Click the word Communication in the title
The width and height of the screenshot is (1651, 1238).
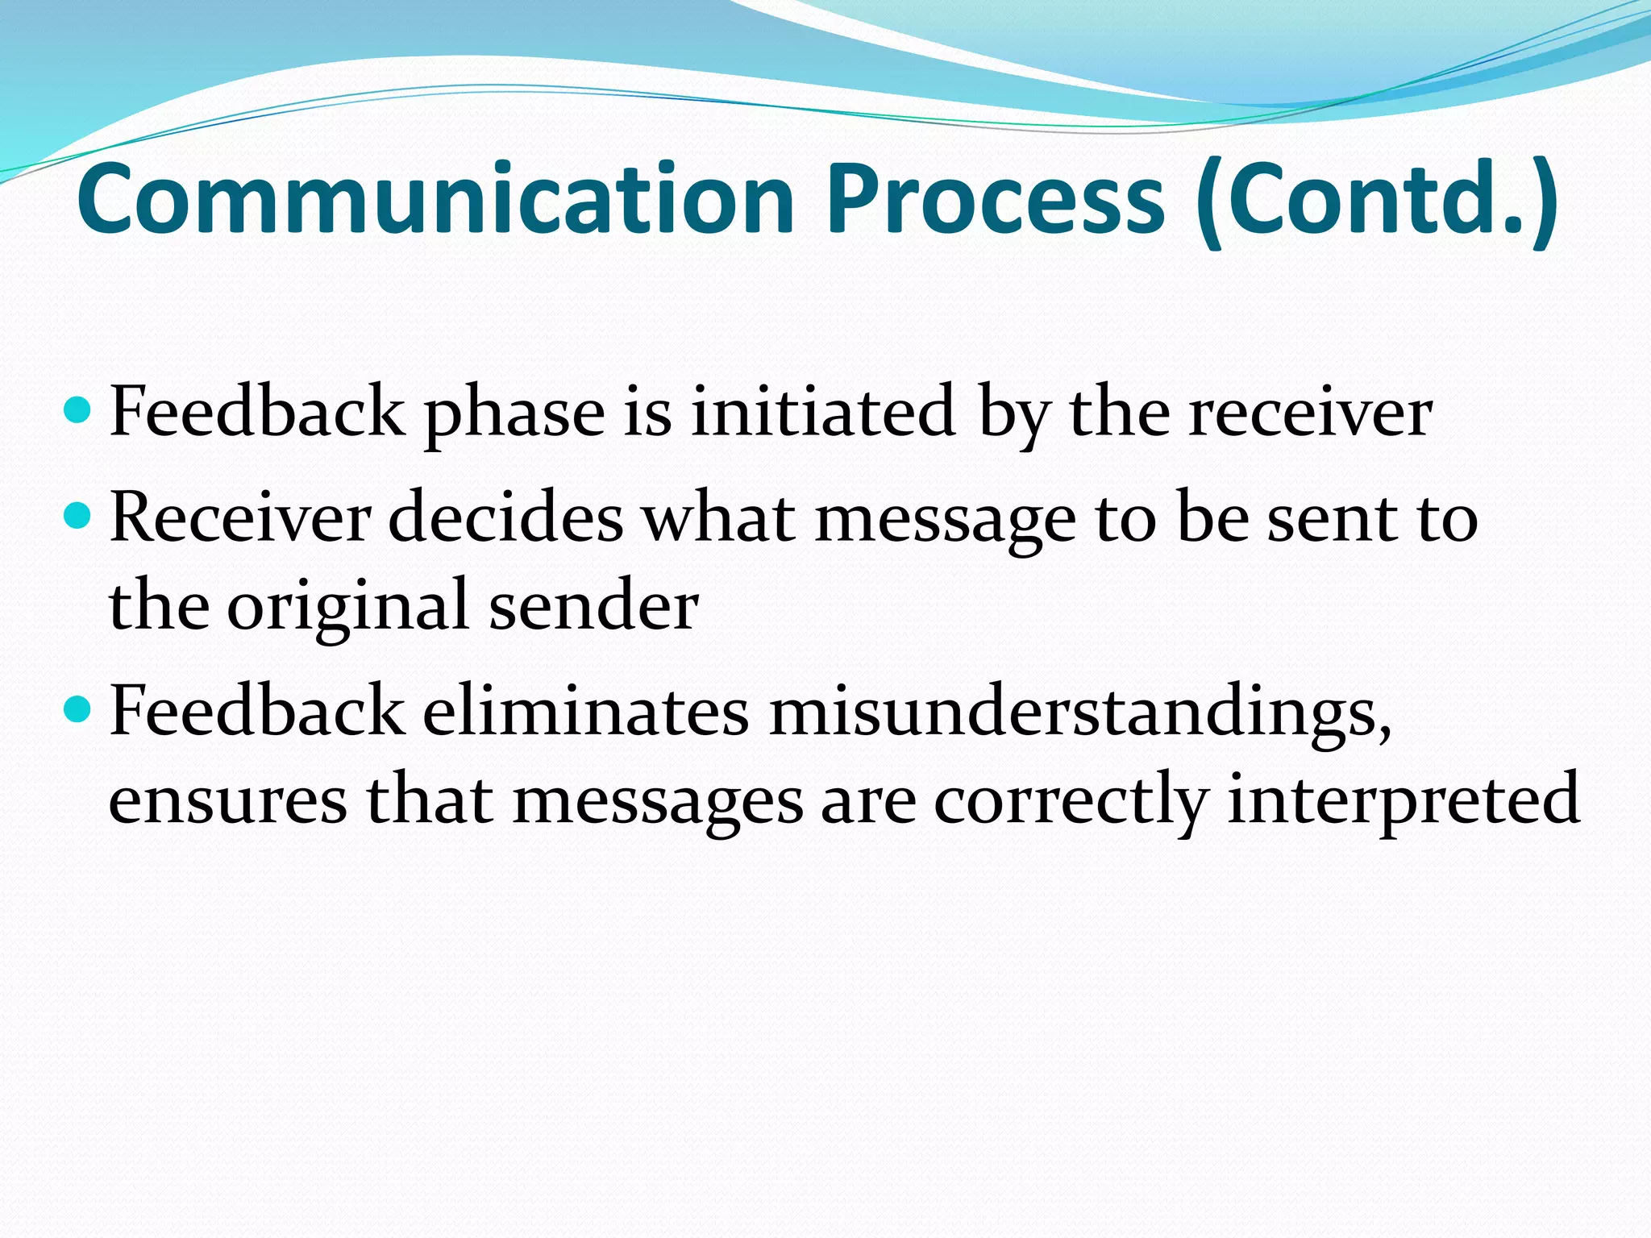coord(435,199)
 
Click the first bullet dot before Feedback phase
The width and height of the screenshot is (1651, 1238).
coord(78,411)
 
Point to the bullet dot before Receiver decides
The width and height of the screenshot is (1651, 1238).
coord(78,516)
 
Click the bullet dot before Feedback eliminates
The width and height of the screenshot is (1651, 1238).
coord(78,709)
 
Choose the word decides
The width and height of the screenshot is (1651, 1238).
coord(505,517)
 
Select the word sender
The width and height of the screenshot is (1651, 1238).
coord(593,606)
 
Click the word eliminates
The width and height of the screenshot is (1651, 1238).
coord(585,711)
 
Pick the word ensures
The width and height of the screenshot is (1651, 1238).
coord(228,801)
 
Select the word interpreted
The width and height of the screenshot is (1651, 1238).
coord(1403,801)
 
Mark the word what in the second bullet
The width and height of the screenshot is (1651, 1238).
coord(719,517)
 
